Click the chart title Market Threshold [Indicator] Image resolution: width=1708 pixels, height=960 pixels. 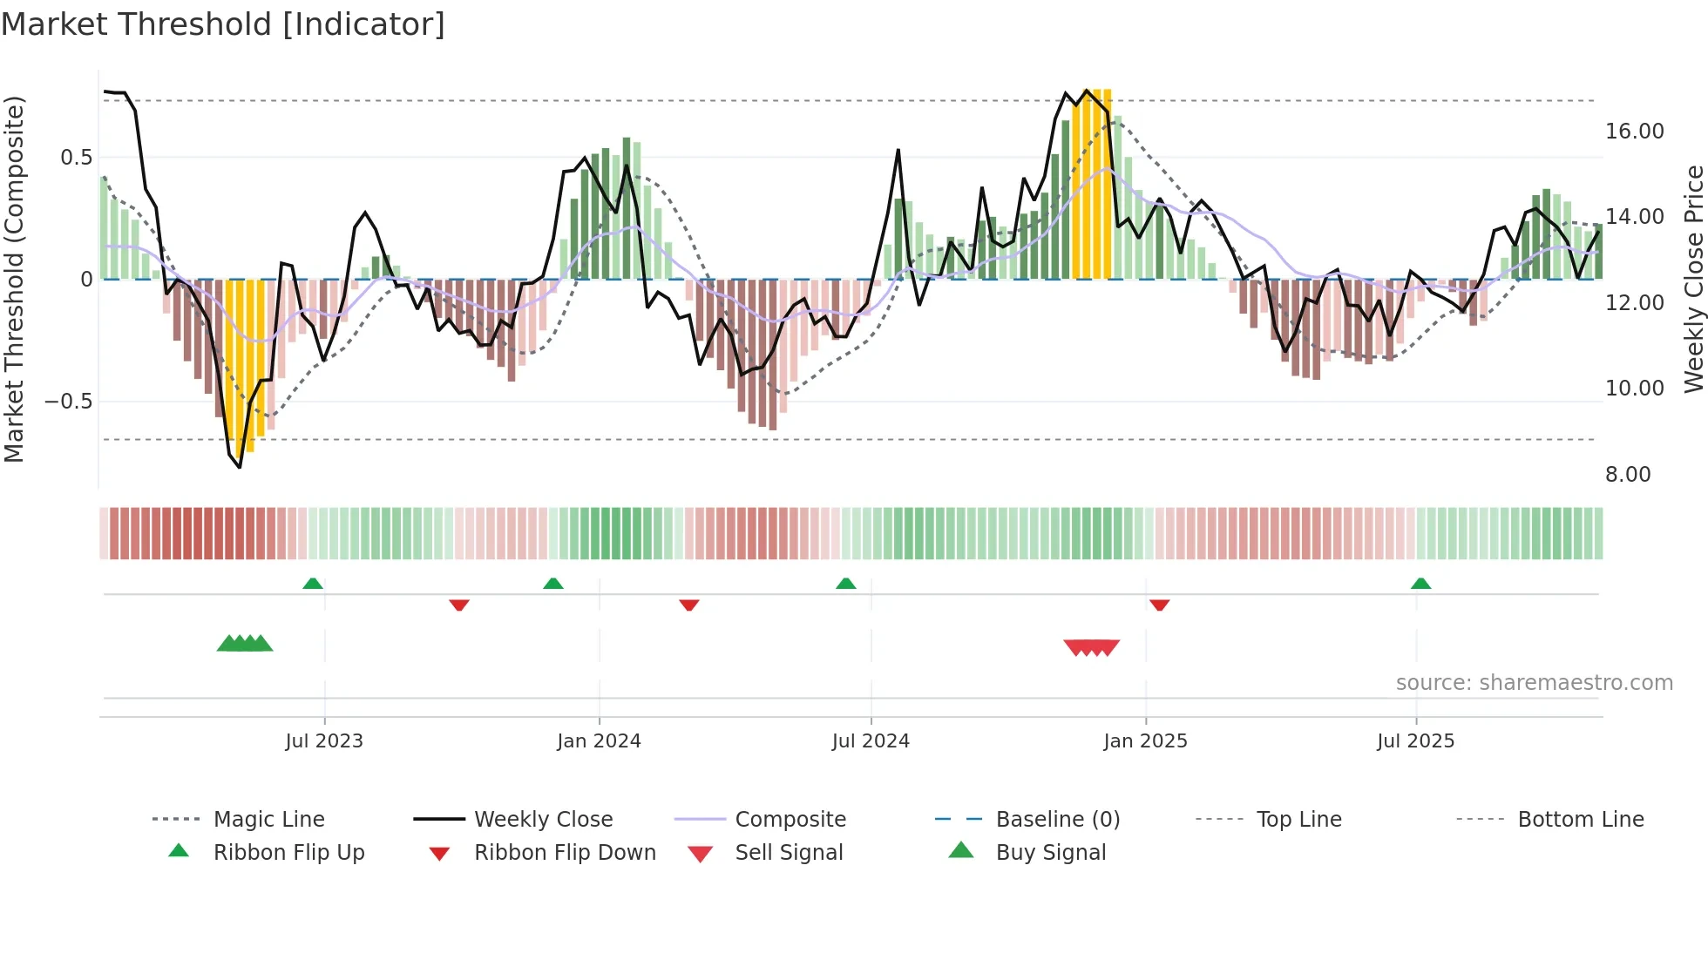coord(223,24)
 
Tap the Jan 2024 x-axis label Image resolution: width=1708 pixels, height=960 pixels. coord(599,741)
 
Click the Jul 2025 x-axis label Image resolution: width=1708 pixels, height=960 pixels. coord(1415,741)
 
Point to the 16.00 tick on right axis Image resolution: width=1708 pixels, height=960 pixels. coord(1634,132)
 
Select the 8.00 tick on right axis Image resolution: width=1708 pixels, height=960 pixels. coord(1628,475)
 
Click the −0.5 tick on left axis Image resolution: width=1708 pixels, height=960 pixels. coord(68,402)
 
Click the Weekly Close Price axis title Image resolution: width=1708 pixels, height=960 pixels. coord(1693,279)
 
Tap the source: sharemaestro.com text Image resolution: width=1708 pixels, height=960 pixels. coord(1534,683)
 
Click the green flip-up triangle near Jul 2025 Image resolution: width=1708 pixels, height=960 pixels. coord(1420,584)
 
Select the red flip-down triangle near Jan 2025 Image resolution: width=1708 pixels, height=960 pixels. coord(1159,605)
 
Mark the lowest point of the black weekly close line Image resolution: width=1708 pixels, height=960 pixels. coord(240,467)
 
